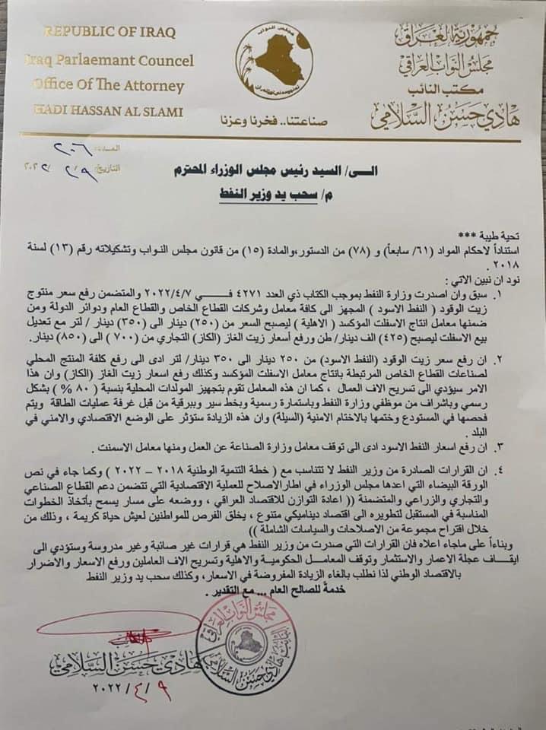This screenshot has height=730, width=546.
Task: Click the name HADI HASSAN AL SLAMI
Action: pyautogui.click(x=109, y=112)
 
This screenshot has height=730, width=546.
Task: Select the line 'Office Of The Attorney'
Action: pyautogui.click(x=109, y=86)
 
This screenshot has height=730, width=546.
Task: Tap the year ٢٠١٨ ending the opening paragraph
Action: pyautogui.click(x=506, y=262)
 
